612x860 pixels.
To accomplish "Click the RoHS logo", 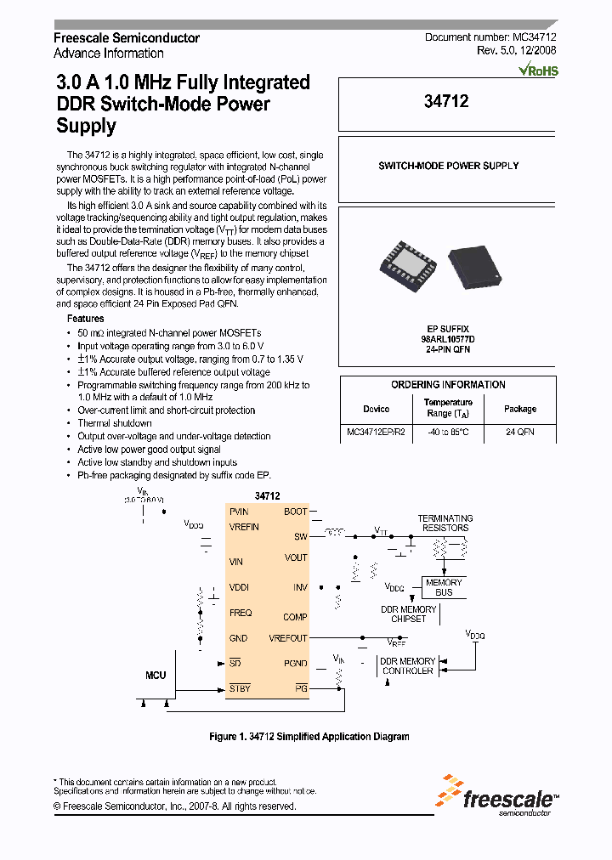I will coord(538,71).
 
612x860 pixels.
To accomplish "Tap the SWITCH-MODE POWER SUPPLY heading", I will coord(448,166).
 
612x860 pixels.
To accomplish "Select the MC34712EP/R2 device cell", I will coord(377,432).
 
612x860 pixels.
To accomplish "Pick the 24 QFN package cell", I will coord(519,432).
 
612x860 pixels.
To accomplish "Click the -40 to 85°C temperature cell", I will coord(449,432).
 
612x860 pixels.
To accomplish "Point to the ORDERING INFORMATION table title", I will coord(448,385).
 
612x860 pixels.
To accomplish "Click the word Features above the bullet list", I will coord(86,318).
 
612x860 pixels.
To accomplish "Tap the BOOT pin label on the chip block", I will coord(295,512).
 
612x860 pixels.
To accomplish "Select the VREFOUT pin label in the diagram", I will coord(288,638).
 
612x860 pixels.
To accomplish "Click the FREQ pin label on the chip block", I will coord(241,613).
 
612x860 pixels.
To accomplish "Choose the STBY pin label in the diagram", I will coord(240,688).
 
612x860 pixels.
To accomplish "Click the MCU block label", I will coord(156,675).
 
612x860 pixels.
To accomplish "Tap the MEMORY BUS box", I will coord(444,587).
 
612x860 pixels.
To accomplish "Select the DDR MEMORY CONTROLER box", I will coord(407,666).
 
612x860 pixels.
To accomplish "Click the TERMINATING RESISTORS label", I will coord(445,523).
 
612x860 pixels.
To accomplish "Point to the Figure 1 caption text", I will coord(309,737).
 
